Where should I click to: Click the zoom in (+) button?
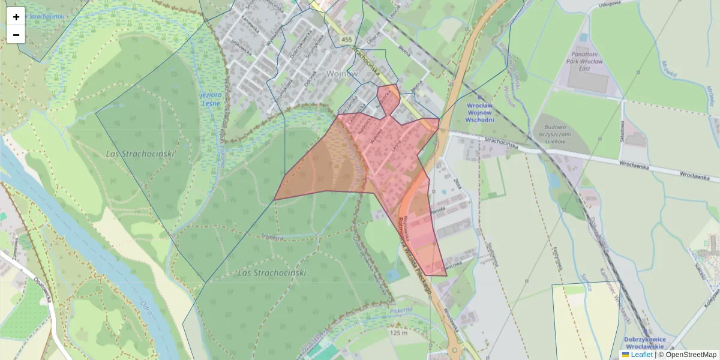point(16,17)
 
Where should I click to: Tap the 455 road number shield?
point(346,40)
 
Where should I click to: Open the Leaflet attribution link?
point(641,355)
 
